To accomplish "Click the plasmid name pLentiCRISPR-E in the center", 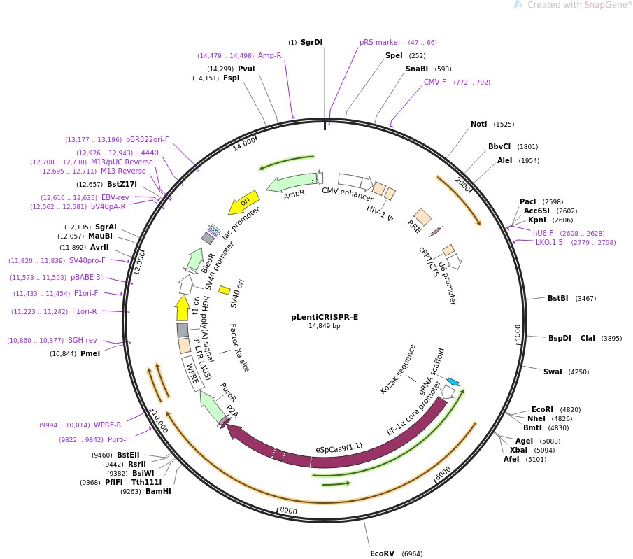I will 324,317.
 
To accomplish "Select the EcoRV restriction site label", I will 382,553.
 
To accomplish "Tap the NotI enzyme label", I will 478,125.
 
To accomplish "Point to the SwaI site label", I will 553,372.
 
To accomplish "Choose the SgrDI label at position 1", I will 311,42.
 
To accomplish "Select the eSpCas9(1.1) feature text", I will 339,448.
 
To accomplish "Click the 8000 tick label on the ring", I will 288,511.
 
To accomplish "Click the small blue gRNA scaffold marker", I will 453,381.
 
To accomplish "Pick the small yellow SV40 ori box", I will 225,290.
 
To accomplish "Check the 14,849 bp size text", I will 324,326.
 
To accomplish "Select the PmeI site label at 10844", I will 90,353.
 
